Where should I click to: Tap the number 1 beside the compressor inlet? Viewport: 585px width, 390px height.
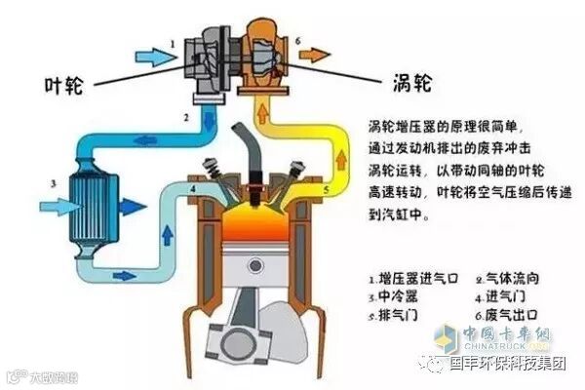173,43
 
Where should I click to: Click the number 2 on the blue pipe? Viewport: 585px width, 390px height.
185,118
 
